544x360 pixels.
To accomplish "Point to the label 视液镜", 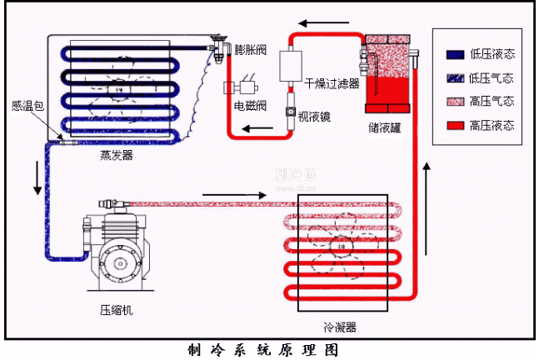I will coord(315,117).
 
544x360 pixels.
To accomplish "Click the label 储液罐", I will coord(387,128).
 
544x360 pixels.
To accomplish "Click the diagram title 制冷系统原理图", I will coord(263,350).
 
